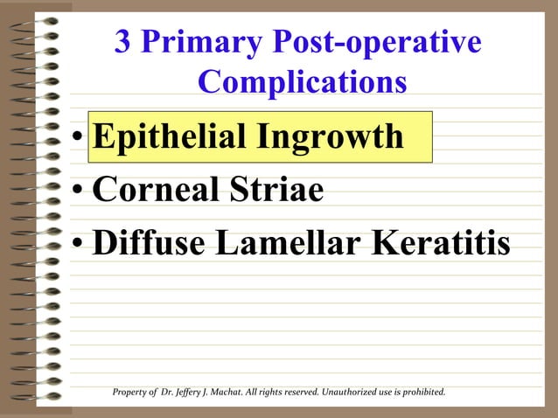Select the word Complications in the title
(302, 82)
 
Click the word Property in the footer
(129, 392)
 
